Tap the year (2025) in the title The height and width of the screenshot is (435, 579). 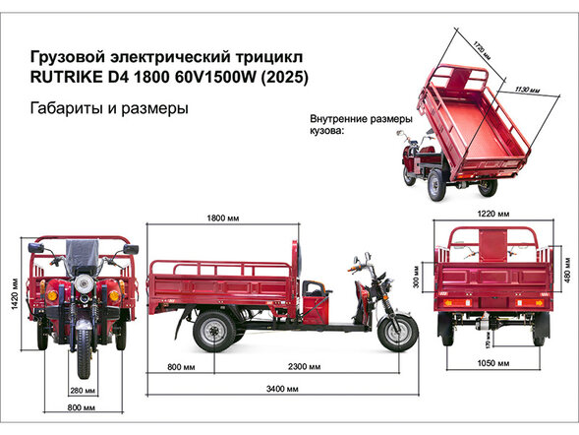[284, 77]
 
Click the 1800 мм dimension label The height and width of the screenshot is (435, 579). [223, 217]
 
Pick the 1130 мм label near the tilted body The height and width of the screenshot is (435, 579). [526, 91]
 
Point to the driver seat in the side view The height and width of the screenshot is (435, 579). [316, 291]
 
